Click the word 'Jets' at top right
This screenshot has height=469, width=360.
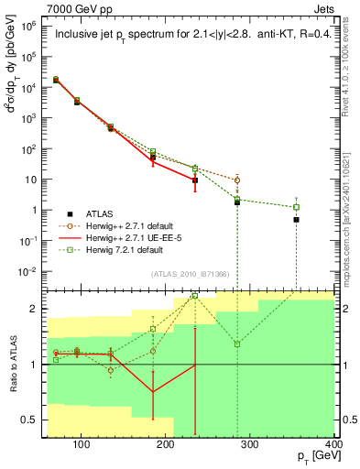(325, 8)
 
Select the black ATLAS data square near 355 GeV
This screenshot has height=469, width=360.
(296, 220)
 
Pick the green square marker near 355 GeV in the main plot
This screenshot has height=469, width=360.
(296, 207)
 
